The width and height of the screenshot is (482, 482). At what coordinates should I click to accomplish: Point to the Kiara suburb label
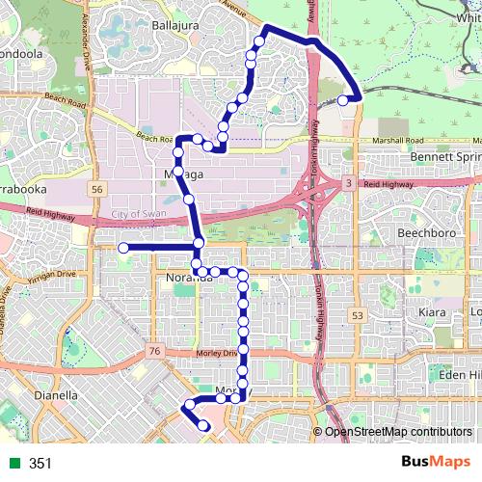(427, 313)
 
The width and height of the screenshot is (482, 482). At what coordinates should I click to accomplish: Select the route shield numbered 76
(155, 352)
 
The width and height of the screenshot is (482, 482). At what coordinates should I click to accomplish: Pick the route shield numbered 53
(359, 314)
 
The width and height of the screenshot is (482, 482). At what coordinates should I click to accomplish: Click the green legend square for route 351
(15, 464)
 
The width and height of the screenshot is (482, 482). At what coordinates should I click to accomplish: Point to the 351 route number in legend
(40, 464)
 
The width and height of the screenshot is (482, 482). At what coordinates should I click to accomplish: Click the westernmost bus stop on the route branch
(123, 249)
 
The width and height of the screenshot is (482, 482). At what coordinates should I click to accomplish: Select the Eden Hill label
(457, 374)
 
